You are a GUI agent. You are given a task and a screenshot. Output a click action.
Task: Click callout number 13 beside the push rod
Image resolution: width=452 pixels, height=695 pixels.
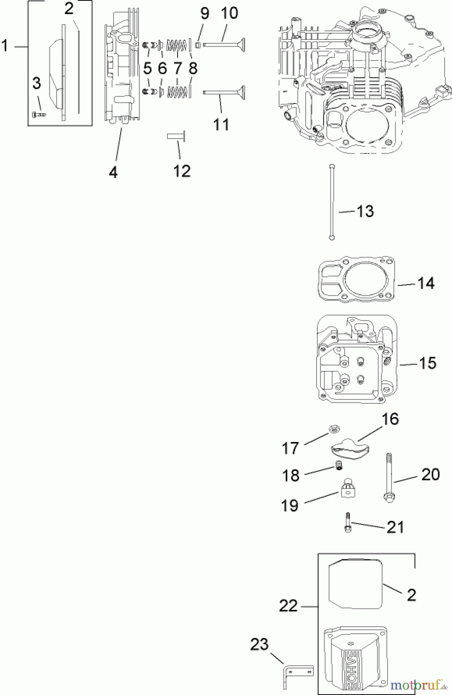365,212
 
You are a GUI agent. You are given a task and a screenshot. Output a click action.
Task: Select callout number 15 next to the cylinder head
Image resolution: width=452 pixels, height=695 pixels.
427,363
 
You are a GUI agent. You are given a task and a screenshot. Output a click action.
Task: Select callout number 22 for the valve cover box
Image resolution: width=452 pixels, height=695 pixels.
288,606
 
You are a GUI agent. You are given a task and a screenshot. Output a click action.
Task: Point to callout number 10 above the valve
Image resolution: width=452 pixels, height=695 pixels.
229,13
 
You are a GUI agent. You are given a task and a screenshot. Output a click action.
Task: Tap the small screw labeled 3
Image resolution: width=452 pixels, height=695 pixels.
38,114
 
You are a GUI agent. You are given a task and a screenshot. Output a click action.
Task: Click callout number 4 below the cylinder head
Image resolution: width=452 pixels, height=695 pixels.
113,173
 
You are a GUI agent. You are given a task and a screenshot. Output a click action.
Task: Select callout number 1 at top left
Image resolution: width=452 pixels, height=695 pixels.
5,46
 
